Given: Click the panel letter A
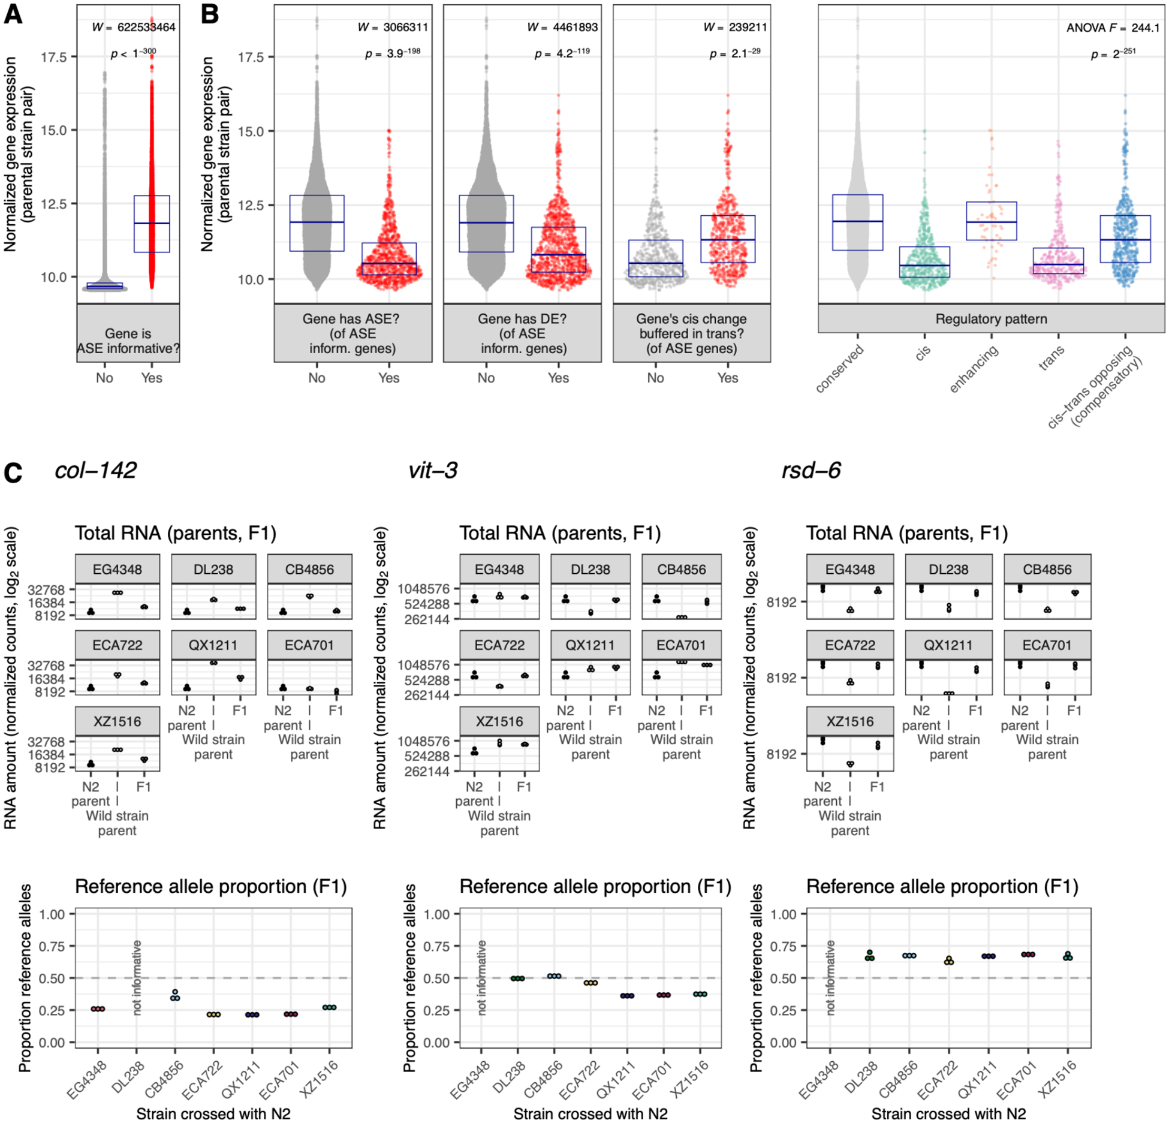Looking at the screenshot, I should point(13,14).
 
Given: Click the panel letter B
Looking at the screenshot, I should point(210,14).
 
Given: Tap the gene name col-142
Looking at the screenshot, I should point(95,470).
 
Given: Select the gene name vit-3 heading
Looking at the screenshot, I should point(432,470).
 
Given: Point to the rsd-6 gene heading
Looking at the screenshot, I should point(811,470).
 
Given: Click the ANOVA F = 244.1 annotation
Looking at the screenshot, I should point(1112,28).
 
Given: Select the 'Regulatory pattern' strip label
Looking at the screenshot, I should point(990,318).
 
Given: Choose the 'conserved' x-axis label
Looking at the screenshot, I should point(839,369).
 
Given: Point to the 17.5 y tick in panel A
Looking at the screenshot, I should point(53,57).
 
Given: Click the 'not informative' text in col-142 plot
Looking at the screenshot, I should point(137,977).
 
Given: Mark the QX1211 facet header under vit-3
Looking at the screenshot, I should point(590,645).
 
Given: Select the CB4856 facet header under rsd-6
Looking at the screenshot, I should point(1047,569).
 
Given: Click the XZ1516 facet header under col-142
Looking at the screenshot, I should point(117,721).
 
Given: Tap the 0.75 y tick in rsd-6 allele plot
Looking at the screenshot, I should point(783,946).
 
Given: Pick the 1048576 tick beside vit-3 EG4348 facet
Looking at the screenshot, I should point(423,589).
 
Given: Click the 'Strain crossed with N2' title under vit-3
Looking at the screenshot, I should point(590,1113).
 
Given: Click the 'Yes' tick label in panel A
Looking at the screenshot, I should point(152,378).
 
